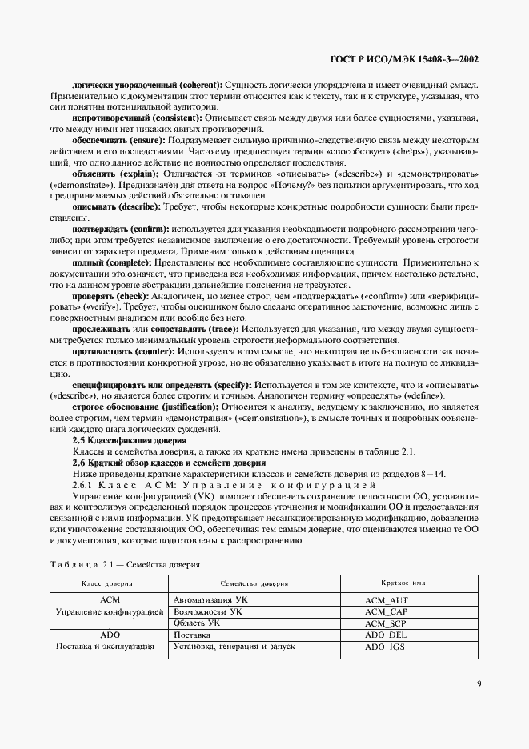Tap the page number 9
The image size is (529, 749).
477,683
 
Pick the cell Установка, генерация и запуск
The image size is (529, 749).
234,647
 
